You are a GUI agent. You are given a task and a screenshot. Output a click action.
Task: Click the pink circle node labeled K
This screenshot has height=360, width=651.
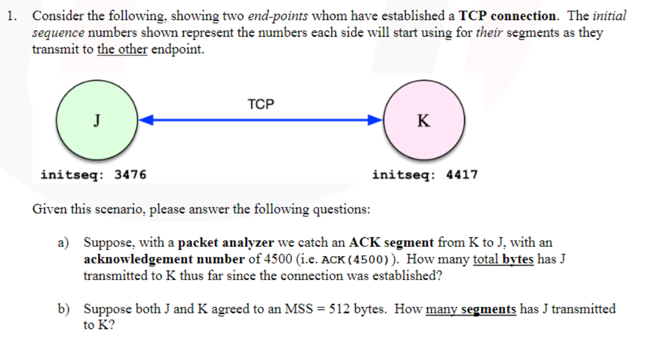pyautogui.click(x=424, y=120)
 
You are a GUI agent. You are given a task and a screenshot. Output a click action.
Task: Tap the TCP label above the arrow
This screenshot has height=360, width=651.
pyautogui.click(x=261, y=104)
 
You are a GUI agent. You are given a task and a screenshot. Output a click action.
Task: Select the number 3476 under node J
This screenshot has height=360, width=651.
pyautogui.click(x=130, y=175)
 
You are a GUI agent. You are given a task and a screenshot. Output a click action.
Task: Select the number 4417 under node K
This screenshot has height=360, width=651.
pyautogui.click(x=462, y=175)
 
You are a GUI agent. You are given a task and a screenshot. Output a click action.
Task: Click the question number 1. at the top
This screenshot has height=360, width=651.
pyautogui.click(x=13, y=16)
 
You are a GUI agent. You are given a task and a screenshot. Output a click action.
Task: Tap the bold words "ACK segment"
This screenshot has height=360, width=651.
pyautogui.click(x=391, y=242)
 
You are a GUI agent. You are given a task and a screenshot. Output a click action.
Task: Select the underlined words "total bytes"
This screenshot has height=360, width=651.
pyautogui.click(x=503, y=259)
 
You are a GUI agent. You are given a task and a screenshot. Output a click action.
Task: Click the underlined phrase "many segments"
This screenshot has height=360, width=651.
pyautogui.click(x=471, y=309)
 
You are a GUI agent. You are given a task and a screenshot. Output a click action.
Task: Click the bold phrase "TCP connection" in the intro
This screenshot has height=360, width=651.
pyautogui.click(x=508, y=16)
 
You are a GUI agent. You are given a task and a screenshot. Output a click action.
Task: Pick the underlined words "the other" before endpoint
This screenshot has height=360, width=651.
pyautogui.click(x=122, y=49)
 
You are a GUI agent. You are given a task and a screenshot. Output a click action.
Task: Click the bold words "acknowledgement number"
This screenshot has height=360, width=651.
pyautogui.click(x=164, y=259)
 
